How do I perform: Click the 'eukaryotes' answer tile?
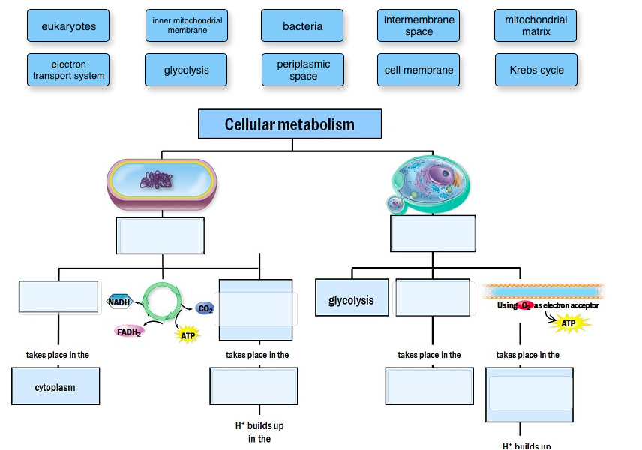coord(68,26)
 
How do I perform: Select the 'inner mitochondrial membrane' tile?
coord(187,26)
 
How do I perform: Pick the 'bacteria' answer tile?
coord(302,26)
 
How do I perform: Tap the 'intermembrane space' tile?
coord(418,26)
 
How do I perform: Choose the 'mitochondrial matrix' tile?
coord(535,26)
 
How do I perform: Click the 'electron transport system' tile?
coord(68,70)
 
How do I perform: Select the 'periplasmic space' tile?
coord(302,70)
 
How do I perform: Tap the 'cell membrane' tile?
coord(418,70)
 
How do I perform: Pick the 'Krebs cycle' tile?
coord(535,70)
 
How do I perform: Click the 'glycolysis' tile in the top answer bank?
coord(187,70)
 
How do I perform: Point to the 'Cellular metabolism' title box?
coord(289,124)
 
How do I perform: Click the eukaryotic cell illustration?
coord(432,184)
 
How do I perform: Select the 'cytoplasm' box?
coord(55,387)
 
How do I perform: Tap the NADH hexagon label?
coord(119,301)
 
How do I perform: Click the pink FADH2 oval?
coord(128,331)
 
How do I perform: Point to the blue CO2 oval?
coord(205,308)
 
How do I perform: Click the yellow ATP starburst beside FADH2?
coord(187,335)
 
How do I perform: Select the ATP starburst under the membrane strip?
coord(568,323)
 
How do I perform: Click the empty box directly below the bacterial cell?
coord(160,235)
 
